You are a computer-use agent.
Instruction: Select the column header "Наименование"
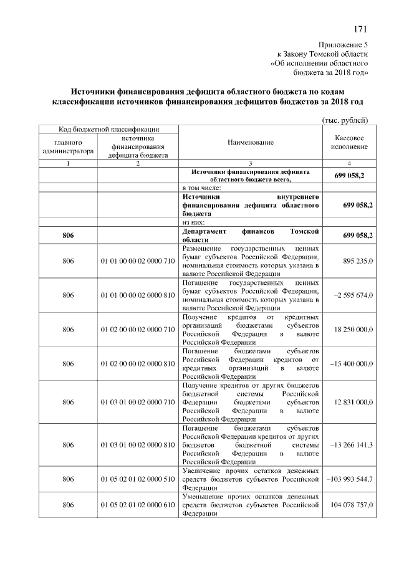click(x=251, y=143)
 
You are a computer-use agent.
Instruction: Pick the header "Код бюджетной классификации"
click(x=108, y=129)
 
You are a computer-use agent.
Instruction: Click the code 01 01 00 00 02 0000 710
click(x=137, y=261)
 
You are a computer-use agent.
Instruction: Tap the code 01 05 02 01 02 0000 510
click(x=137, y=479)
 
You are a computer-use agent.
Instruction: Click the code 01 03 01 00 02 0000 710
click(x=137, y=402)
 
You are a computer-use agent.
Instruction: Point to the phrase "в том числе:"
click(x=202, y=186)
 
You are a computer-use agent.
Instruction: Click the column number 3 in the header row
click(x=251, y=163)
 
